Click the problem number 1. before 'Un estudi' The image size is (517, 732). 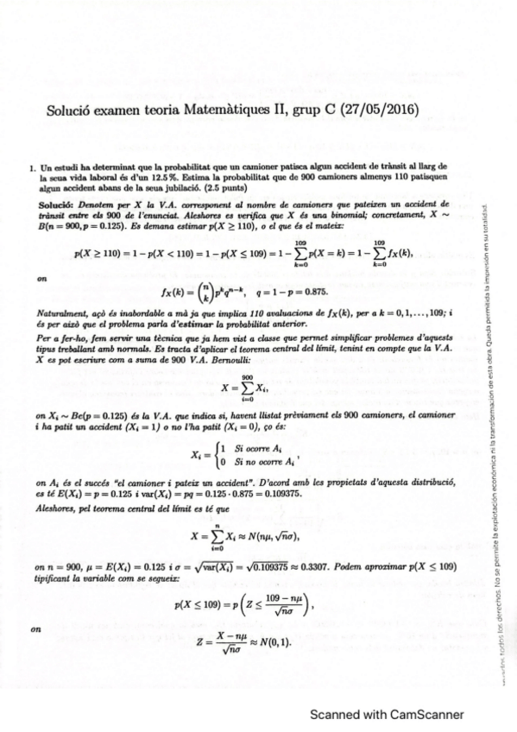coord(32,165)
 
